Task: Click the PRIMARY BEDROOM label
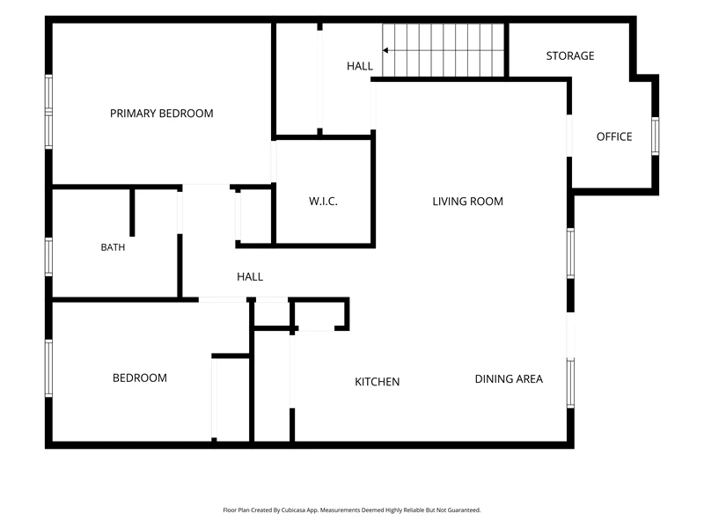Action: coord(162,114)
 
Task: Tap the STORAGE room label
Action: coord(570,55)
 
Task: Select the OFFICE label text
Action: coord(614,136)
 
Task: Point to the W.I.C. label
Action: coord(323,202)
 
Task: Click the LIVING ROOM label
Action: coord(468,202)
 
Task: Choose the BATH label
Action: coord(113,247)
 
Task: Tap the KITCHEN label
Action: coord(378,382)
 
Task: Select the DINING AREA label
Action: coord(509,379)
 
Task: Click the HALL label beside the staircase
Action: coord(360,66)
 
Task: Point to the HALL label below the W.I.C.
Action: coord(250,276)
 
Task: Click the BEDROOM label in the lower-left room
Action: coord(140,378)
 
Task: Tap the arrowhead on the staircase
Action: coord(385,50)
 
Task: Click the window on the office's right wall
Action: coord(655,136)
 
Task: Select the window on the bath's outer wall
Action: coord(48,257)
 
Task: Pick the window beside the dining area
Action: coord(570,383)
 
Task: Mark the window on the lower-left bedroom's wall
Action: coord(48,368)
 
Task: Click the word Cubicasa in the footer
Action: coord(292,510)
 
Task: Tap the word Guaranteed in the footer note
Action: coord(465,510)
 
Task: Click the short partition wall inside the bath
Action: coord(132,212)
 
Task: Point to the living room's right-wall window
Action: coord(570,253)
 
